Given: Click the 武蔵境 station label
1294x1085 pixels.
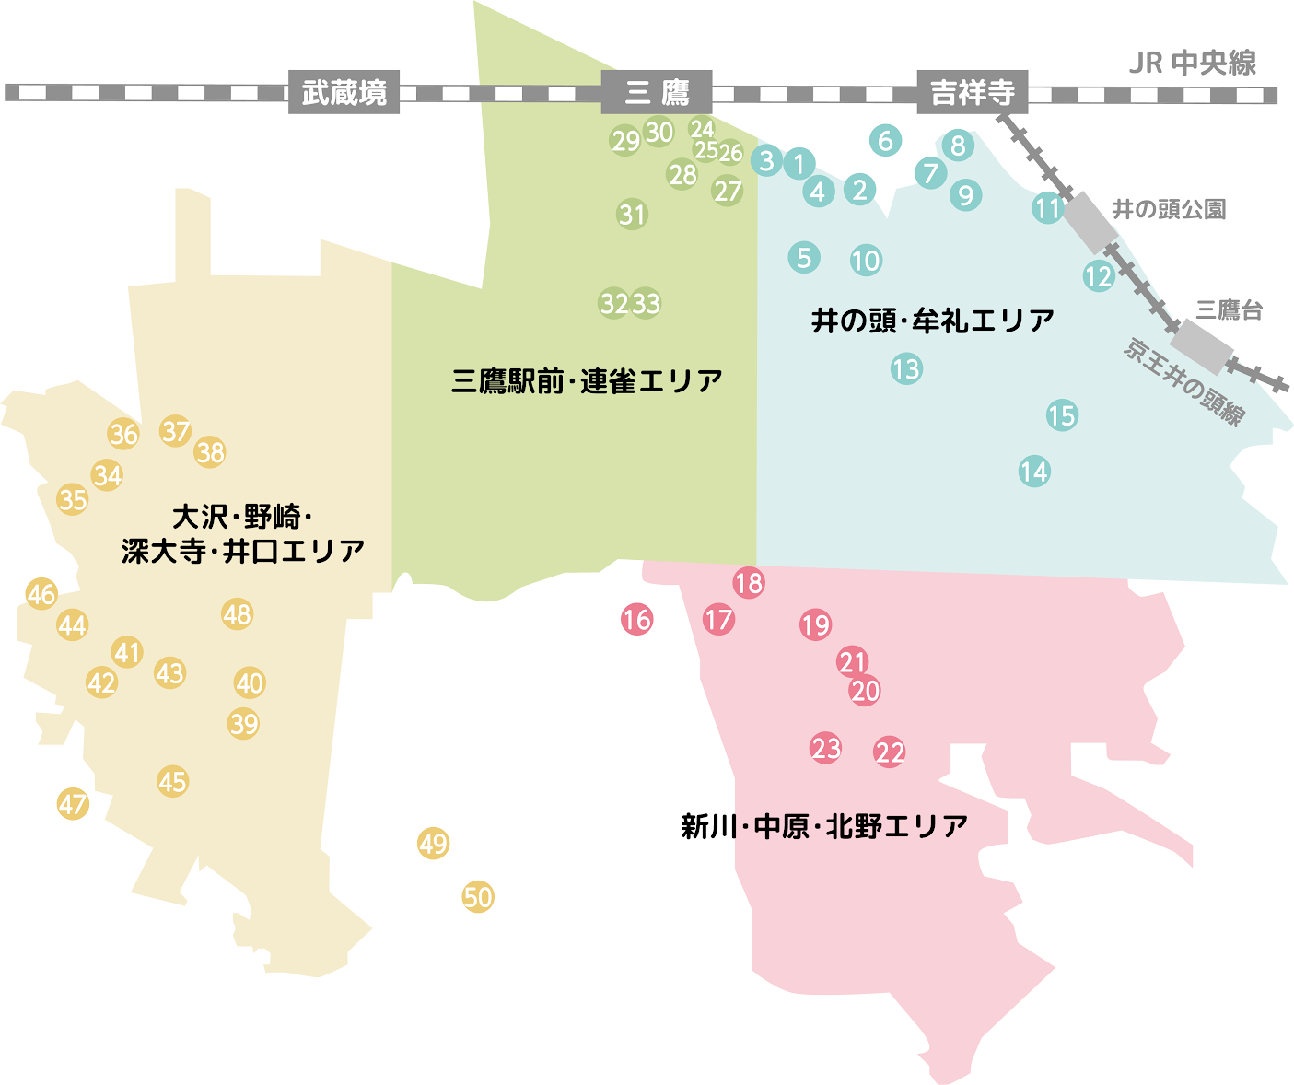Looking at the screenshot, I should pos(344,92).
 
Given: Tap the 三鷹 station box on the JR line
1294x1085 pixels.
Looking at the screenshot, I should pos(656,92).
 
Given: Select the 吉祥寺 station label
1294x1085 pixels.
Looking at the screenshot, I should pos(972,92).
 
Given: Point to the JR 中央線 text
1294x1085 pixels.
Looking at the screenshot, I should pos(1192,63).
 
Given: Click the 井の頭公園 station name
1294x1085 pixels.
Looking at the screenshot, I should pos(1169,209).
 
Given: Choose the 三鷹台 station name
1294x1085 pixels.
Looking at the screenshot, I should pos(1229,310).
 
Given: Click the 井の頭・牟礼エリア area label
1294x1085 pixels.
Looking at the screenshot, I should pos(932,321).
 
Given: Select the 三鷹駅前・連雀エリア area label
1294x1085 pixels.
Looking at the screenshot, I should pos(587,380).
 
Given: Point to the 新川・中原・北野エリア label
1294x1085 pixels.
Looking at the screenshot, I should pos(824,826).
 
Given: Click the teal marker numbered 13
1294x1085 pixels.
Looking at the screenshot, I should pos(906,369).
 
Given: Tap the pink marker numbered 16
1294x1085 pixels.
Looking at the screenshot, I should pos(636,620).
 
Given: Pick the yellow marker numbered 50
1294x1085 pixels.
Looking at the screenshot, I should pos(478,896).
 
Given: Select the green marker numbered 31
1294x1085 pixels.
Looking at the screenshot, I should pos(632,215).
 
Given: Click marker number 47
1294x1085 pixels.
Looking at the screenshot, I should pos(73,804).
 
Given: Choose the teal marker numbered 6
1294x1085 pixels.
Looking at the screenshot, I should pos(885,141).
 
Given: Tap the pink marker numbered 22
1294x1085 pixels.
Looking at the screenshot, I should pos(890,752).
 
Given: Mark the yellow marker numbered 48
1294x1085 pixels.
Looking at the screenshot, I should pos(237,614).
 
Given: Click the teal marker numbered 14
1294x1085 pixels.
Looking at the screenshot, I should pos(1034,472).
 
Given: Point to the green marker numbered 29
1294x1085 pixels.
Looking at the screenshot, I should pos(625,141).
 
